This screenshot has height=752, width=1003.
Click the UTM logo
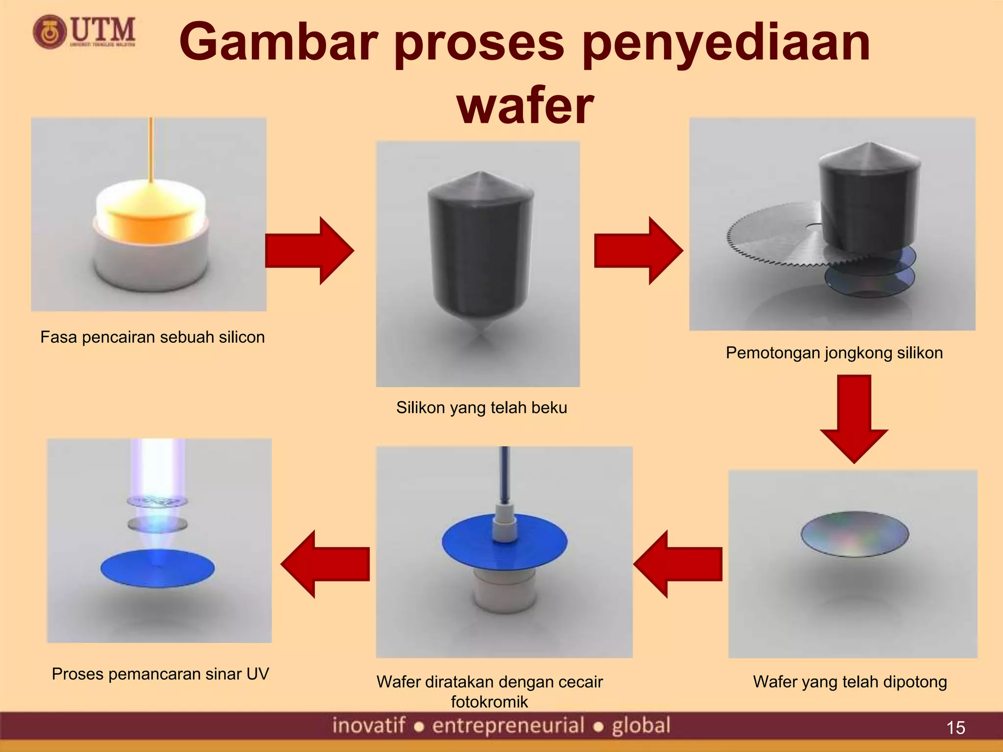click(x=84, y=32)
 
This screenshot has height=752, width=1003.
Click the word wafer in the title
click(x=525, y=106)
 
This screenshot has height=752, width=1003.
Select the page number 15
click(x=955, y=728)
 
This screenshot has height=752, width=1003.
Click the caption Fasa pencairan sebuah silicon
click(x=152, y=337)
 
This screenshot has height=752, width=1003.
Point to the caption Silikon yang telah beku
click(x=481, y=408)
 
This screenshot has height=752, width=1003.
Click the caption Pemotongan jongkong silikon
click(x=834, y=353)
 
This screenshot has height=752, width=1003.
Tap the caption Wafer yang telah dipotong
click(x=850, y=682)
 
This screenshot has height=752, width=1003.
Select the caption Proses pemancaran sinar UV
click(x=160, y=674)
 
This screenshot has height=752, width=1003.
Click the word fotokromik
click(x=489, y=702)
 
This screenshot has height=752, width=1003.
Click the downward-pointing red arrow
click(x=854, y=419)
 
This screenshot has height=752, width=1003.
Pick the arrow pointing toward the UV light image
click(x=326, y=564)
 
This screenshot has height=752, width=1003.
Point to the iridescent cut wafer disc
click(x=855, y=534)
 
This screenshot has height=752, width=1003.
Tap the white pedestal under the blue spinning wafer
click(x=504, y=592)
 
